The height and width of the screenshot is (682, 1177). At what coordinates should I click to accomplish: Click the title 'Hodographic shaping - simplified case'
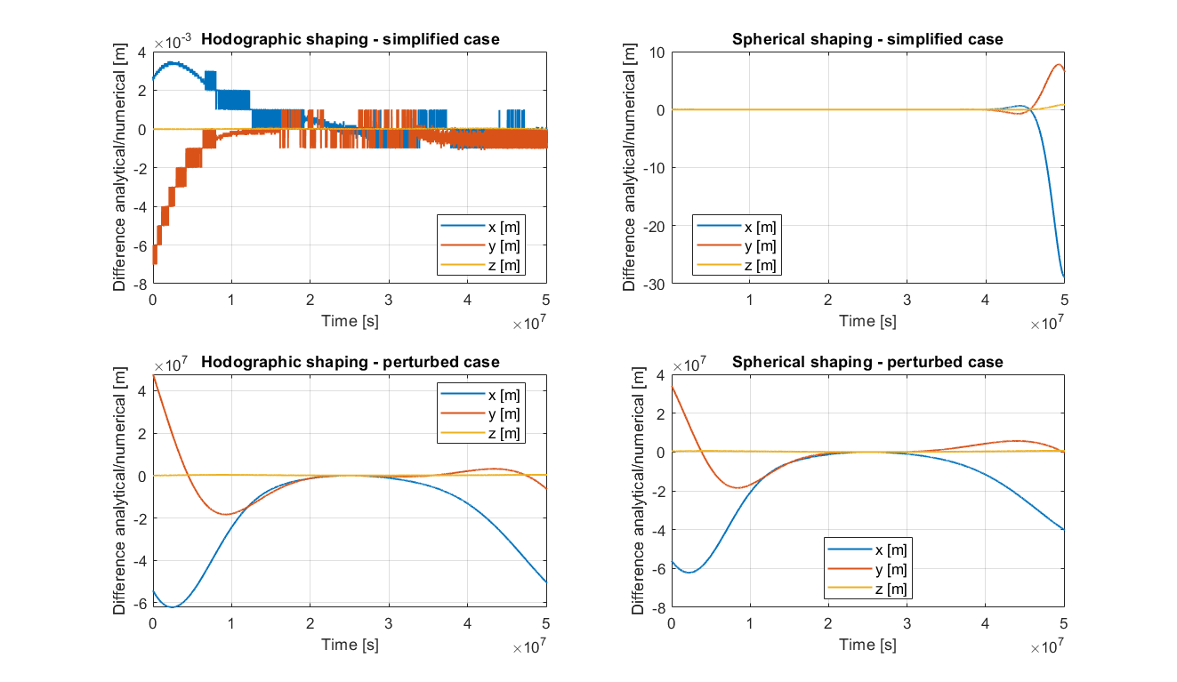point(350,39)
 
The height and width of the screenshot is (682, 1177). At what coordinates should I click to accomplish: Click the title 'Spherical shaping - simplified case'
point(867,39)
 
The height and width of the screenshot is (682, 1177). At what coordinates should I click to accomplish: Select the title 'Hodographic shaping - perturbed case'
point(350,362)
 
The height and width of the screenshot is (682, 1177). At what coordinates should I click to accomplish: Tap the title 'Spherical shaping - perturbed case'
point(867,362)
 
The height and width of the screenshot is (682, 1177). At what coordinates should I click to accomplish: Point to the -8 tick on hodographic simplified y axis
point(140,283)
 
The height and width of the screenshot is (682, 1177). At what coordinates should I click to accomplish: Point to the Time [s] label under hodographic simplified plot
point(350,320)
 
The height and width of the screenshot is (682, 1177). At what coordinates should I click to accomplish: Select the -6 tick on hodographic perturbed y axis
point(141,603)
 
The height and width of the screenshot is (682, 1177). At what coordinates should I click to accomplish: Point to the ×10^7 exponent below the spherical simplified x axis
point(1047,325)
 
